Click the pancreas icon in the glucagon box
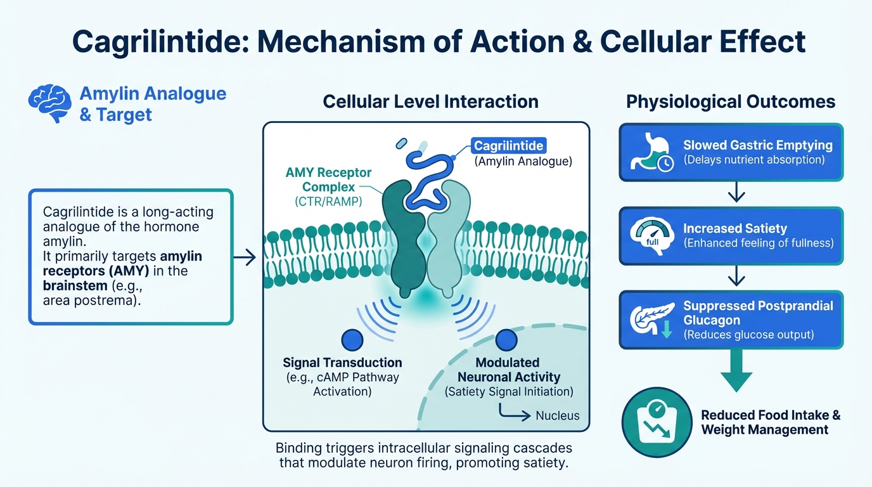click(x=648, y=319)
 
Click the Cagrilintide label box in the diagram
click(x=509, y=146)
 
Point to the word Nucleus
click(x=557, y=416)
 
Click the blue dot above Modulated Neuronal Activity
click(x=506, y=341)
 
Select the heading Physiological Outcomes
click(x=731, y=102)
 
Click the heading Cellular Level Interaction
click(x=430, y=101)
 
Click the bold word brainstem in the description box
click(x=68, y=286)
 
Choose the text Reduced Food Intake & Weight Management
click(x=771, y=422)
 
